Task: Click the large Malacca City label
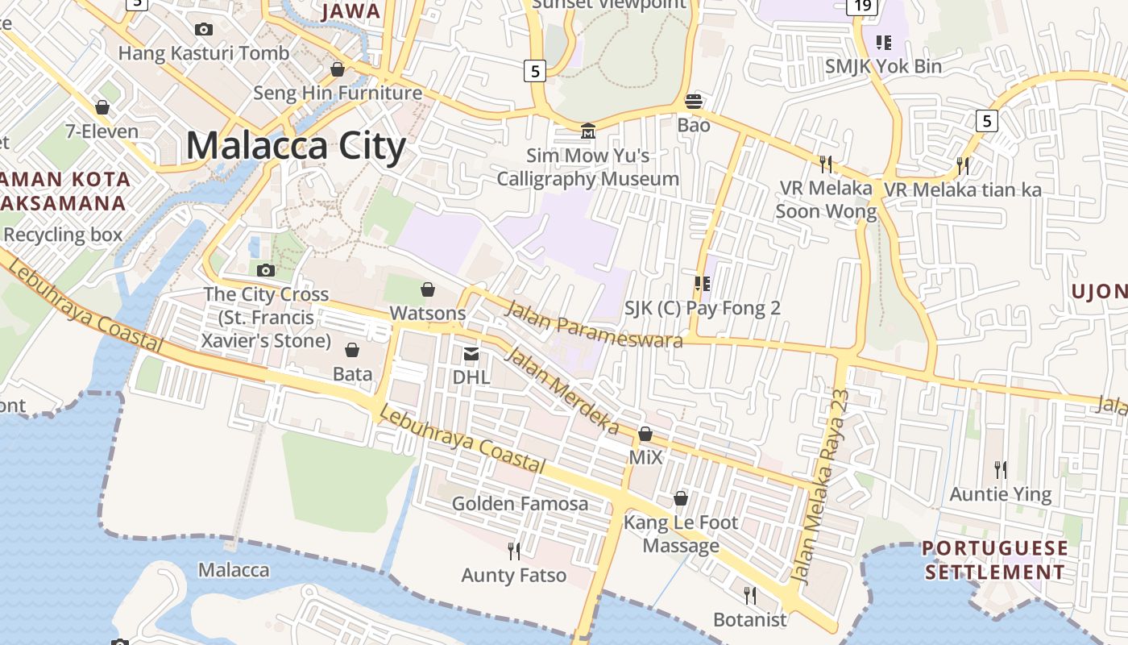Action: [295, 146]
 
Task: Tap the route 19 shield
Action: [861, 6]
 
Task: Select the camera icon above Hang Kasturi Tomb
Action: [204, 30]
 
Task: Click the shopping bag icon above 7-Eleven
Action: [102, 107]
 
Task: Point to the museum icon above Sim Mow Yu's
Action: [587, 131]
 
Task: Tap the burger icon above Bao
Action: [693, 102]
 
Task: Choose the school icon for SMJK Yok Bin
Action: [883, 42]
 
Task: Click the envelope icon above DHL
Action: [471, 353]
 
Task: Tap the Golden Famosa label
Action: [520, 504]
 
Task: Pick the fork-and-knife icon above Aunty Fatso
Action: [513, 551]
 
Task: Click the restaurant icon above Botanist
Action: [749, 595]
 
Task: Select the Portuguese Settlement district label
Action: [994, 560]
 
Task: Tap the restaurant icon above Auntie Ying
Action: [1000, 469]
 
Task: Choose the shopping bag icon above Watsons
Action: [428, 289]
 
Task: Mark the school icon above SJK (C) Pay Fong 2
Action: [702, 283]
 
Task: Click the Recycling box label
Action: [63, 235]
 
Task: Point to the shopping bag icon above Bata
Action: [352, 350]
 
